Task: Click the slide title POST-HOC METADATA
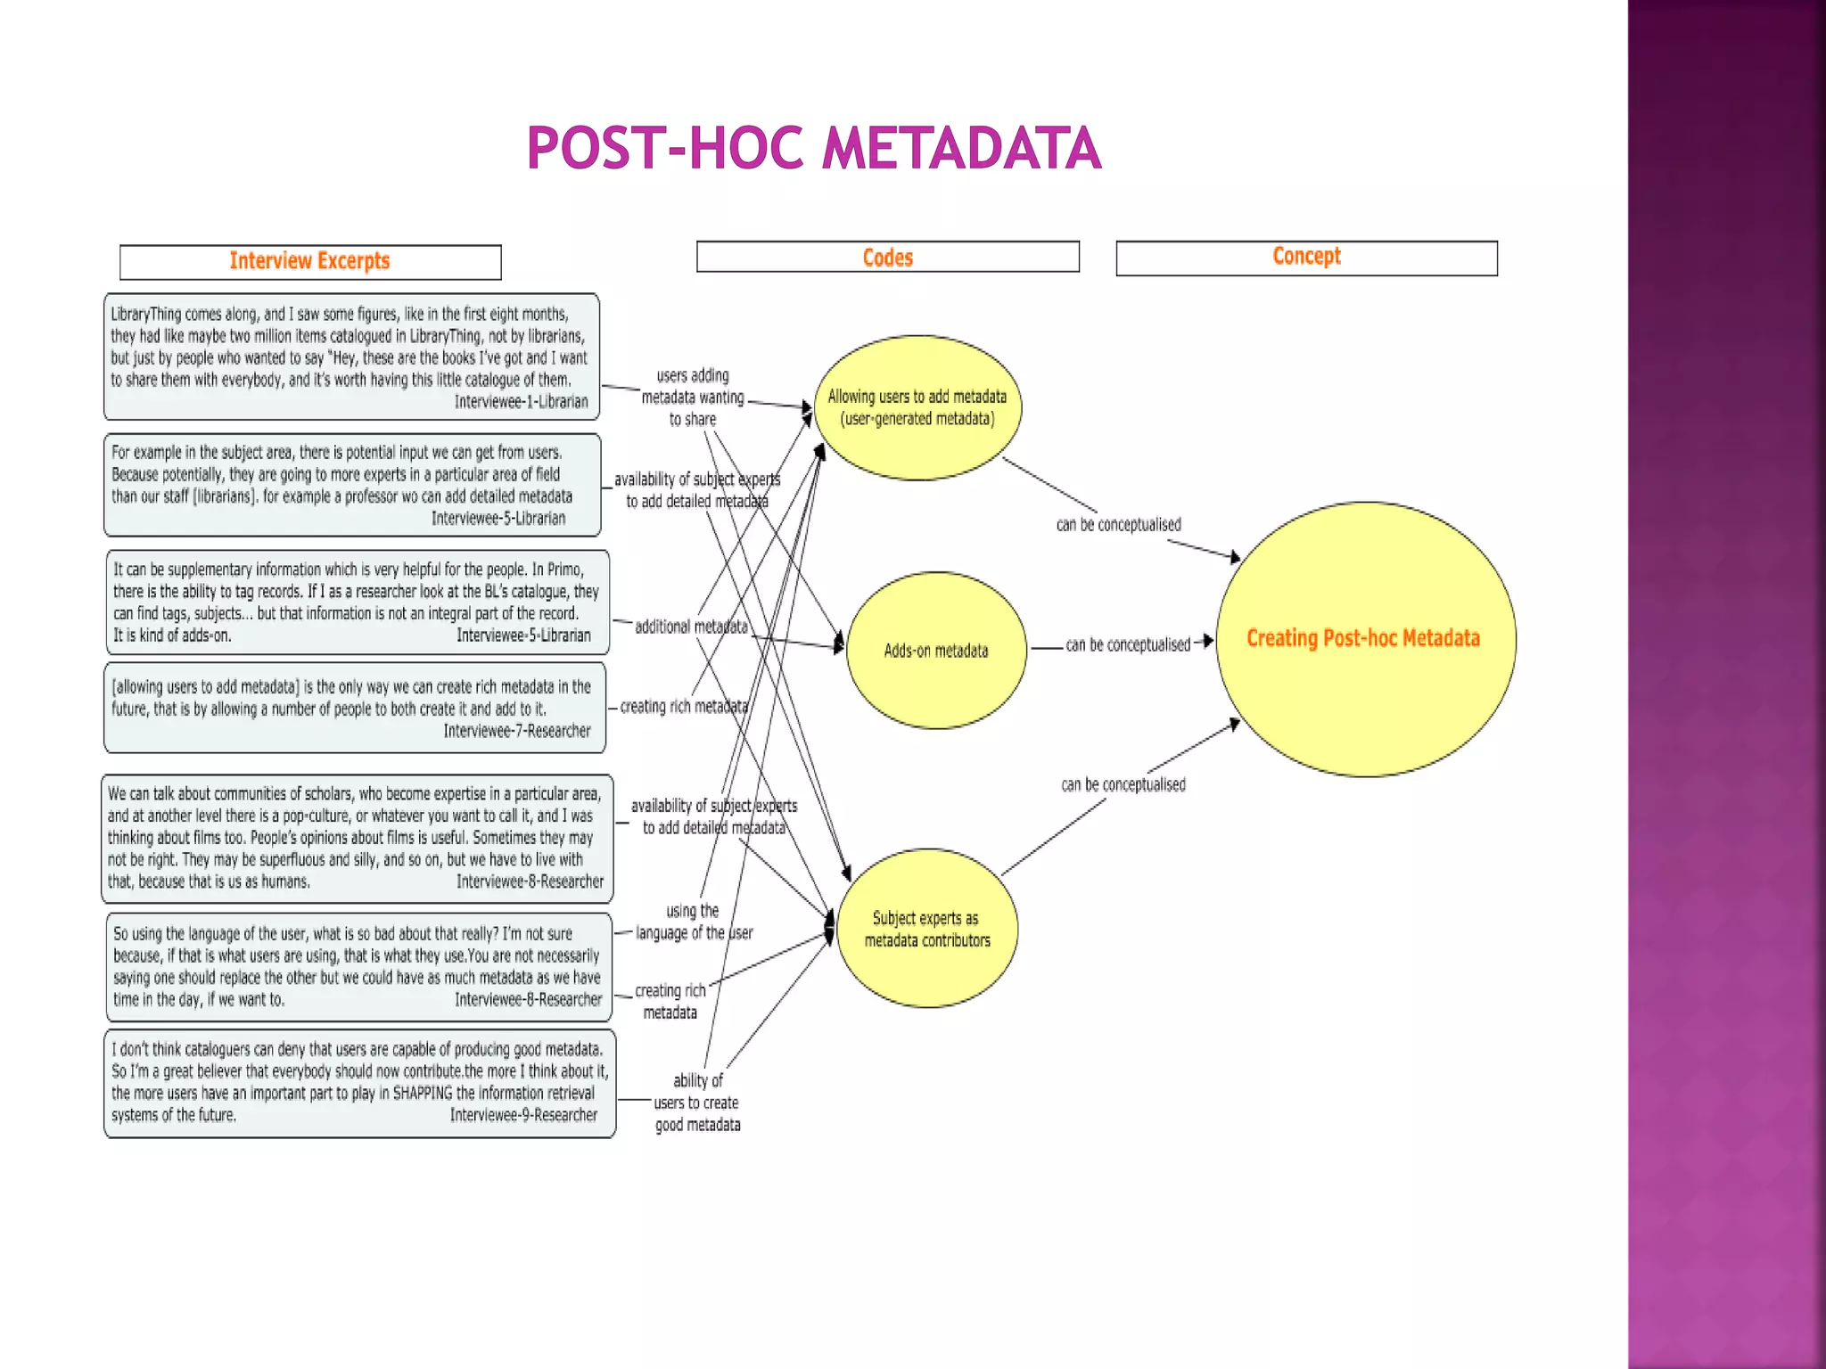coord(813,148)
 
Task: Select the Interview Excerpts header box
coord(310,261)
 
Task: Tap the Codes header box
coord(887,257)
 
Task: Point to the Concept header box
coord(1306,257)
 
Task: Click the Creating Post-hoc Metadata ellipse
coord(1364,638)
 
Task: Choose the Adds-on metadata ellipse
coord(936,651)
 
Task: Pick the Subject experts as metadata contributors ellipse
coord(927,929)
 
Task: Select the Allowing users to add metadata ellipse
coord(917,407)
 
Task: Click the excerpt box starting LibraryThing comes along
coord(351,357)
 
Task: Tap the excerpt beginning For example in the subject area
coord(352,485)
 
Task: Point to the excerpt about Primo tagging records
coord(357,602)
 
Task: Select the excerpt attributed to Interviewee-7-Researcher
coord(355,708)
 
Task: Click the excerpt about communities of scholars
coord(357,838)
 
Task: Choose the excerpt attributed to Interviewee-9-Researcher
coord(359,1083)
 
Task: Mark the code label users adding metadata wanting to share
coord(693,398)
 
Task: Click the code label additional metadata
coord(691,627)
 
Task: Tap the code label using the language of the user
coord(694,922)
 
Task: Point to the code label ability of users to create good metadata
coord(697,1103)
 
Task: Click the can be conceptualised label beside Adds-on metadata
coord(1128,644)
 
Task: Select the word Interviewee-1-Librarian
coord(521,402)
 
